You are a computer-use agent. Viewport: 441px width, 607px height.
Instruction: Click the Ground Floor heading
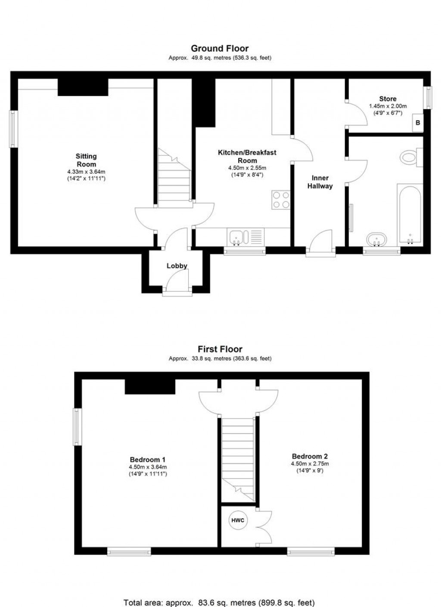point(220,49)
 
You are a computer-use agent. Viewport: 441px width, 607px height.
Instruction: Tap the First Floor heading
point(220,349)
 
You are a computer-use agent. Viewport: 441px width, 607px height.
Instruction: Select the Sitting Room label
point(86,160)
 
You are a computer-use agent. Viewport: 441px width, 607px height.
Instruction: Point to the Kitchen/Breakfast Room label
point(247,156)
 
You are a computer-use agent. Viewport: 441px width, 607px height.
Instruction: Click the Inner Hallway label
point(320,182)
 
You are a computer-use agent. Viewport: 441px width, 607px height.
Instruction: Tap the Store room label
point(388,99)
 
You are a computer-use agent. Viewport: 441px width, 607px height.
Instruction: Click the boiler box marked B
point(418,123)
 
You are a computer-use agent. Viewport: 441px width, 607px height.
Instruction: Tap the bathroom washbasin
point(376,240)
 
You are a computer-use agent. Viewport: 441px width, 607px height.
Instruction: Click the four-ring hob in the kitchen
point(281,200)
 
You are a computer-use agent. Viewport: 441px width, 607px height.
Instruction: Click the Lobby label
point(177,266)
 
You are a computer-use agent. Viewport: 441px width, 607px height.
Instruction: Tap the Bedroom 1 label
point(148,460)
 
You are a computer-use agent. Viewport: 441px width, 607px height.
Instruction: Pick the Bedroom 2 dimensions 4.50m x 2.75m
point(310,463)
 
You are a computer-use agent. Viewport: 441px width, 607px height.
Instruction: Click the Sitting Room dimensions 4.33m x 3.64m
point(86,172)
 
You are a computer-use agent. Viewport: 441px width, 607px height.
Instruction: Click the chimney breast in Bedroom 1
point(150,387)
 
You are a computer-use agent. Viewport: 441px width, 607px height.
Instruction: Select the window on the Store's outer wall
point(428,97)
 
